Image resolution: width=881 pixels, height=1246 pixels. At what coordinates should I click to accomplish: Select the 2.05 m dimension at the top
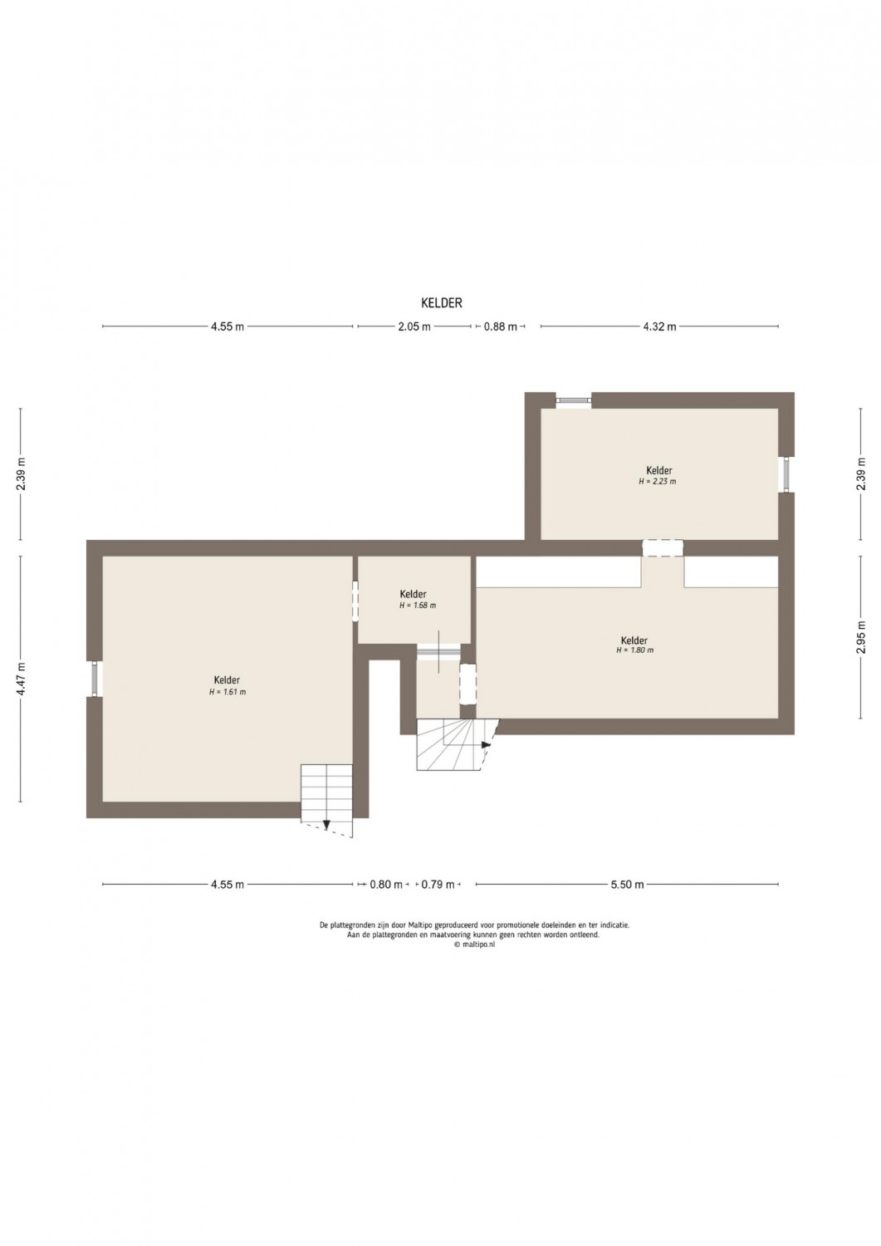click(414, 326)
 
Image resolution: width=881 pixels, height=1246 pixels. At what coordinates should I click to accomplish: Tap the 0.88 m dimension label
click(501, 326)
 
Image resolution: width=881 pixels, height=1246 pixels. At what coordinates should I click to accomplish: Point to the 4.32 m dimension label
click(659, 326)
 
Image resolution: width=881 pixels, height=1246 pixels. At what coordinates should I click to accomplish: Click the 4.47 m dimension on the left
click(21, 679)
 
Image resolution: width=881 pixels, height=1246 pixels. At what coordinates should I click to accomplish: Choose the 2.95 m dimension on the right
click(862, 637)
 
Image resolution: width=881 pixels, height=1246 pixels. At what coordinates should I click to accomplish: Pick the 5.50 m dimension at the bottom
click(628, 885)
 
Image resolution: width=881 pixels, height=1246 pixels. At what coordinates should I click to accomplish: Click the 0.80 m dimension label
click(386, 885)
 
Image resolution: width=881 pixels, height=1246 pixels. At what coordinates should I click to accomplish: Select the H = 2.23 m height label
click(658, 482)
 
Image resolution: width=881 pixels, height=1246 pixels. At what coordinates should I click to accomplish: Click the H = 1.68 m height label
click(418, 606)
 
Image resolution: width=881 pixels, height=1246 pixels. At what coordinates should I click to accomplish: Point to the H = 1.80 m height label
click(634, 650)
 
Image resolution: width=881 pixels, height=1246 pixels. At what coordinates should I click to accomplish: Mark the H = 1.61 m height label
click(228, 692)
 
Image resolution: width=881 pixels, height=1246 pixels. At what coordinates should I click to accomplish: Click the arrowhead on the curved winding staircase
click(487, 744)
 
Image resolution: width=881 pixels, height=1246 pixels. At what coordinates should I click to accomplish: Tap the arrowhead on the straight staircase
click(327, 826)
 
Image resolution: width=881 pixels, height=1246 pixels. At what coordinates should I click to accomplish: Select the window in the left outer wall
click(95, 679)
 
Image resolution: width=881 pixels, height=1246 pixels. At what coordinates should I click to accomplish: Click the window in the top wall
click(574, 400)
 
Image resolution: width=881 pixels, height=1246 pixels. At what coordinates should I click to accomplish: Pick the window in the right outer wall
click(786, 474)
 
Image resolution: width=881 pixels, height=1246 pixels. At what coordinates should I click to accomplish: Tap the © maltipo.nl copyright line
click(474, 944)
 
